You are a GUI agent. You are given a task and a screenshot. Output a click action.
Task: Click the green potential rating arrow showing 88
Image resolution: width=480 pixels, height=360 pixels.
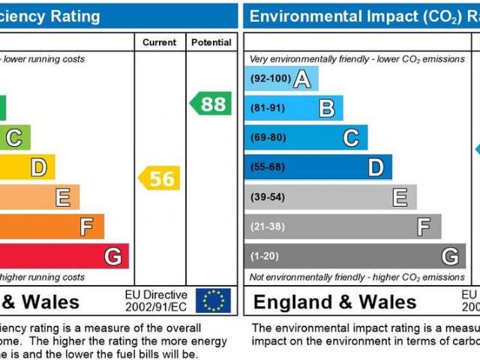coord(211,103)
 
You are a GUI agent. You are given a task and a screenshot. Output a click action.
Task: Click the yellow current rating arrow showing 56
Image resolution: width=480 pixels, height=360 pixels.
coord(160,178)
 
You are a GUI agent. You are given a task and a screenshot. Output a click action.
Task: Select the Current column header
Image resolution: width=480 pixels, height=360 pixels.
coord(159,43)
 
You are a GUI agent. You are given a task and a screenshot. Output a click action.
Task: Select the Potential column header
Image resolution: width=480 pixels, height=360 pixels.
coord(211,43)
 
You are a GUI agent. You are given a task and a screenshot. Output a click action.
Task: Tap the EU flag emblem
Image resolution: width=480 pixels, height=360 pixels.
coord(213,301)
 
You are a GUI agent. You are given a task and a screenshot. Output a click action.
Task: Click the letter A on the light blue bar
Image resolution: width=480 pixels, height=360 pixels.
coord(301,79)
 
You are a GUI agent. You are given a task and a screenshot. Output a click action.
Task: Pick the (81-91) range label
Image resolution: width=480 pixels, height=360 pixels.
coord(267,108)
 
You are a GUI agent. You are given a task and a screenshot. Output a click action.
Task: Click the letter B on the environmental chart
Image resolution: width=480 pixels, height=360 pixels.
coord(326,109)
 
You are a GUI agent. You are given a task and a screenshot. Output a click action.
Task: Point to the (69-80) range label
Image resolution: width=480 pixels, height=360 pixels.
coord(267,138)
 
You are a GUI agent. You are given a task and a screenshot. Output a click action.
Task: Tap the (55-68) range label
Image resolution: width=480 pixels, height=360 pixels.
coord(267,167)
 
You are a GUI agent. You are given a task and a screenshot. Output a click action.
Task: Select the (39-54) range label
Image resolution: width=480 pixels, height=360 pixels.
coord(267,197)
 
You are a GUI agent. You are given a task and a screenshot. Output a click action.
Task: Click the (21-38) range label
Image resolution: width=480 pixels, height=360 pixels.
coord(267,226)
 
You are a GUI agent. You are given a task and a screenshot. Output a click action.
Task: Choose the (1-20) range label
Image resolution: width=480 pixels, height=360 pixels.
coord(264,256)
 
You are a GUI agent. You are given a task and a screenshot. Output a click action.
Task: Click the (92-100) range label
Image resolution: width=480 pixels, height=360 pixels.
coord(269,79)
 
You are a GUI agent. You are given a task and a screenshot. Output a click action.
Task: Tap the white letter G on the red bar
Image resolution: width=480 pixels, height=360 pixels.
coord(112,256)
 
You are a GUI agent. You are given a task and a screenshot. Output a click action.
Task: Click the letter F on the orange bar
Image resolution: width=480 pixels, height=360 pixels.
coord(87,226)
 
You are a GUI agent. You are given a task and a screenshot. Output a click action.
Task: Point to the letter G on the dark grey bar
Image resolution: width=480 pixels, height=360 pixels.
coord(449,256)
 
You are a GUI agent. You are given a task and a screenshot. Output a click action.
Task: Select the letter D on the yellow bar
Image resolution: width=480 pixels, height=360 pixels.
coord(38,167)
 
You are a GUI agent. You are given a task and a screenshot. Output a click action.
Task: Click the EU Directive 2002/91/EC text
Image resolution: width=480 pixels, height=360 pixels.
coord(155,301)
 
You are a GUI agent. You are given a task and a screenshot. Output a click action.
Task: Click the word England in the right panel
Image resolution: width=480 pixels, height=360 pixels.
coord(292,302)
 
